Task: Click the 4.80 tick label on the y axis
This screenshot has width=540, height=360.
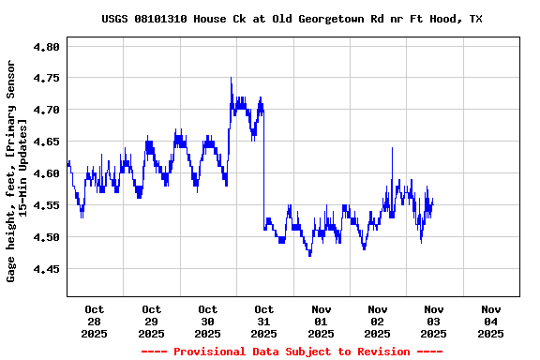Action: click(x=47, y=46)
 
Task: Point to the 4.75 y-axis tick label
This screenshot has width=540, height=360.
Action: click(x=47, y=78)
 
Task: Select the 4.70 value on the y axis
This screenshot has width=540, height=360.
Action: click(x=47, y=110)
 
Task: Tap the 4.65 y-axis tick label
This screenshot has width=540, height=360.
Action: click(x=47, y=142)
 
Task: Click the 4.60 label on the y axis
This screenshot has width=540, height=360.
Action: click(x=47, y=173)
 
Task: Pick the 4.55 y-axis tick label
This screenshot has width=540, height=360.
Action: click(x=47, y=205)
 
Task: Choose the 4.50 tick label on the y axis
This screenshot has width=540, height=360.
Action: click(x=47, y=237)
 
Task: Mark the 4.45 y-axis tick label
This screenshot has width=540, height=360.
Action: click(x=47, y=269)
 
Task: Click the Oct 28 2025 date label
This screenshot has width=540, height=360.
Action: click(x=95, y=321)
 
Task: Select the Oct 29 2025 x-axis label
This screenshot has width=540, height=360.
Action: click(x=151, y=321)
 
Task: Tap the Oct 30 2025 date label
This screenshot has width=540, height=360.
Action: click(x=208, y=321)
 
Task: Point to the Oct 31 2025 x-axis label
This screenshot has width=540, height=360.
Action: click(x=264, y=321)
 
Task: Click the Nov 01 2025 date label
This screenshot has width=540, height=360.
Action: click(x=321, y=321)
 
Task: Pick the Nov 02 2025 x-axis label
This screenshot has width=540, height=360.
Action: click(x=378, y=321)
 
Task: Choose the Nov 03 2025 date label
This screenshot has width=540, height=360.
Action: click(x=434, y=321)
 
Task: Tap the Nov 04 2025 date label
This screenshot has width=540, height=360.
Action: click(x=490, y=321)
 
